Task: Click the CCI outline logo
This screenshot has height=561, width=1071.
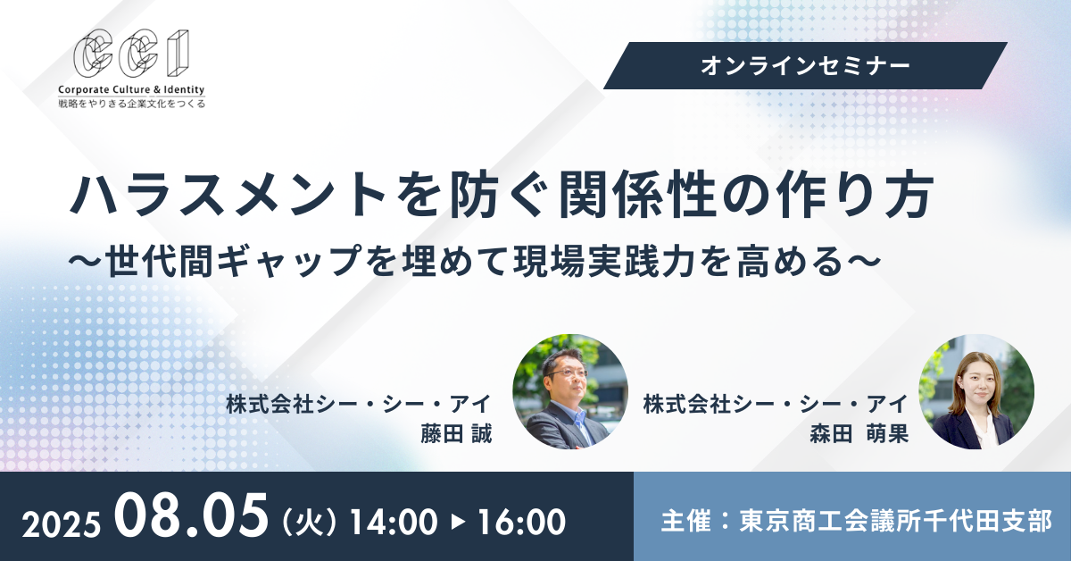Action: click(131, 53)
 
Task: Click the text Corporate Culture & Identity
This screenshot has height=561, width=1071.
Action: click(131, 89)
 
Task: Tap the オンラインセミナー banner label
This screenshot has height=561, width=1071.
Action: click(805, 66)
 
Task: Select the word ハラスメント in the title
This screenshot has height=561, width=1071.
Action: click(228, 196)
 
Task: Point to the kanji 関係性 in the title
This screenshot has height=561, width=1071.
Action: click(639, 195)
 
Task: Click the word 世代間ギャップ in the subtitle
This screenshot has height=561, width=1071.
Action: click(232, 262)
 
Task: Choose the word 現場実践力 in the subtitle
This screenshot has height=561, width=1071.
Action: click(605, 262)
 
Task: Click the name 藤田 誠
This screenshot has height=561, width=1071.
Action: click(456, 433)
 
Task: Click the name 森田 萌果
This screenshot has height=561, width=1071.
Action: click(859, 433)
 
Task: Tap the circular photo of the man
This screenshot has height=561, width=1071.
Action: click(570, 391)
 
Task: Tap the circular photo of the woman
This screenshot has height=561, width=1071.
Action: click(976, 391)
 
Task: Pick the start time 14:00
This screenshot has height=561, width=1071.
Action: click(394, 523)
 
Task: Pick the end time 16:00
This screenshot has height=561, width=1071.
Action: click(522, 523)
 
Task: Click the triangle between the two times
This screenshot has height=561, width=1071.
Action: click(459, 523)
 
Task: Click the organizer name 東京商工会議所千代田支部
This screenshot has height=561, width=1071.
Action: click(895, 521)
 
